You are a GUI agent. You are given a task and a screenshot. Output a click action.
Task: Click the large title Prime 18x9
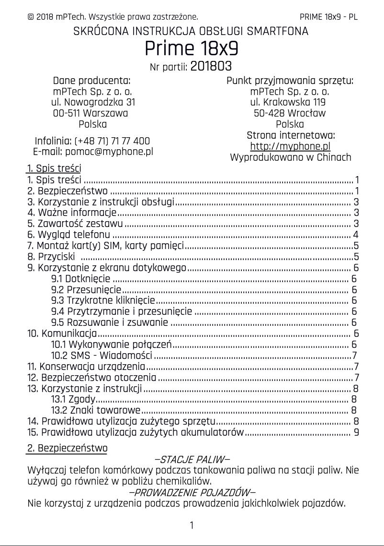click(x=192, y=49)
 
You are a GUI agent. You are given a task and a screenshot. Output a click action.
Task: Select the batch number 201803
click(x=211, y=66)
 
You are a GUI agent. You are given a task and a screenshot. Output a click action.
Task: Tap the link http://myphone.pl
click(x=290, y=146)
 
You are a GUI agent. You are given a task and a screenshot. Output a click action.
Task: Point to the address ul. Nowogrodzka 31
click(x=92, y=102)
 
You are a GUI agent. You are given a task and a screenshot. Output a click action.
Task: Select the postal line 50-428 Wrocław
click(x=290, y=113)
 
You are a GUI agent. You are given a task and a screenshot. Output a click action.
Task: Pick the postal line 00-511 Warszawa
click(x=90, y=113)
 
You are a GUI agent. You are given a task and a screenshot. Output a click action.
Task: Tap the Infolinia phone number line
click(x=92, y=141)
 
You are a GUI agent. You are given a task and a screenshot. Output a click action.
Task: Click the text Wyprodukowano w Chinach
click(x=290, y=157)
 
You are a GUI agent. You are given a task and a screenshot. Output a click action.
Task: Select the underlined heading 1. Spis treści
click(x=54, y=168)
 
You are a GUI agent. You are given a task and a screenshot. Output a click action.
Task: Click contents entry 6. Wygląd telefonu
click(x=69, y=235)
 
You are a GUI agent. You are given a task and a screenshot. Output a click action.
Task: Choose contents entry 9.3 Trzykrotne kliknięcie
click(x=103, y=301)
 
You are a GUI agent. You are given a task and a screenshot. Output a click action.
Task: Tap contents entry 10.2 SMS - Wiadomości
click(x=102, y=356)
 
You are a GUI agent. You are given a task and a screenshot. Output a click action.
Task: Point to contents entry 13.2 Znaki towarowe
click(x=96, y=410)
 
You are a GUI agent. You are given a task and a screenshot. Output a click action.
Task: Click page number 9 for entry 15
click(x=356, y=432)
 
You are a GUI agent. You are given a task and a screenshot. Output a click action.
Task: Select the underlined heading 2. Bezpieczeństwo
click(x=67, y=448)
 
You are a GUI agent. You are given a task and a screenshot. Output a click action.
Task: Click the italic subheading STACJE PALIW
click(x=192, y=460)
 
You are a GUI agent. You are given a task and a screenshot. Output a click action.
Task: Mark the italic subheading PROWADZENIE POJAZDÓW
click(x=192, y=492)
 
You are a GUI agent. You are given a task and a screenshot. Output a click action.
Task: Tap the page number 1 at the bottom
click(x=192, y=525)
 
